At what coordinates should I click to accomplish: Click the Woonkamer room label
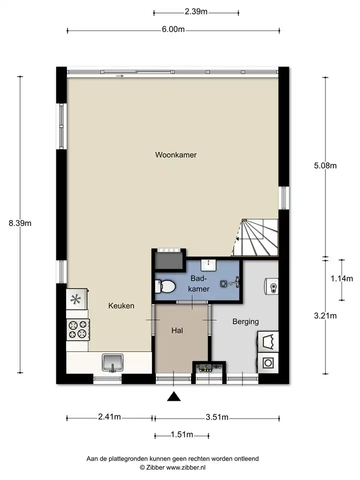(x=175, y=154)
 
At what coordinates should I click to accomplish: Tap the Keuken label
(x=121, y=305)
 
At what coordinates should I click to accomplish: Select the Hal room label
(x=177, y=330)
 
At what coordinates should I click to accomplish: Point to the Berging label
(x=245, y=321)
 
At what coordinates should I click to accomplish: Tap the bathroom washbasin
(x=208, y=265)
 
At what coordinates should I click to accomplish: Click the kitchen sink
(x=112, y=362)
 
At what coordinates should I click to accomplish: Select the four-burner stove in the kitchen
(x=78, y=329)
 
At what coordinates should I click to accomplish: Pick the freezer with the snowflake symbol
(x=77, y=299)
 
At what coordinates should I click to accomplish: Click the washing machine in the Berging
(x=268, y=363)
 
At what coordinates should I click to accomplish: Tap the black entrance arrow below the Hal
(x=173, y=396)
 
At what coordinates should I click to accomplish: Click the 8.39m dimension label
(x=20, y=223)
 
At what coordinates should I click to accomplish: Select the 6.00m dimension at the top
(x=173, y=29)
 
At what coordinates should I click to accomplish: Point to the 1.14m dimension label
(x=341, y=278)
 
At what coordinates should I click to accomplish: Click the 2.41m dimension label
(x=109, y=416)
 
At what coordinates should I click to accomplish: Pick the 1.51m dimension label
(x=182, y=434)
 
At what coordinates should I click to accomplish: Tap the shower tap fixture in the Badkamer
(x=234, y=282)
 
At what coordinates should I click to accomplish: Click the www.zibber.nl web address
(x=185, y=467)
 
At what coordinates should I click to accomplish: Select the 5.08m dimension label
(x=325, y=165)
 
